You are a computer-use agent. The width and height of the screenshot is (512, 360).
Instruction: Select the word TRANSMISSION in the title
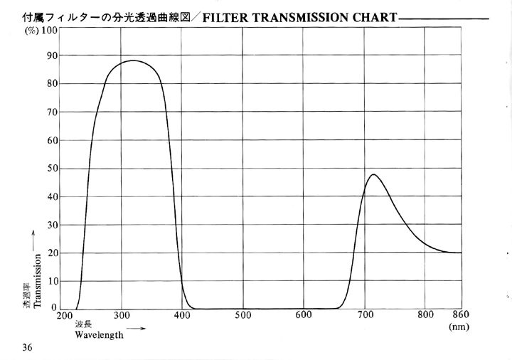(x=301, y=17)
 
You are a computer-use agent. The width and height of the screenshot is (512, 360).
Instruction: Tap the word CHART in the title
(x=375, y=17)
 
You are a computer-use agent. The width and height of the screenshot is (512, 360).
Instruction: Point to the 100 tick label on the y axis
(x=49, y=31)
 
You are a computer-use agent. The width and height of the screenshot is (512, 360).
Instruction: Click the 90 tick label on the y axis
(x=52, y=55)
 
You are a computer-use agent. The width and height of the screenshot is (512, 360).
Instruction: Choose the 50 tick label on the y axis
(x=52, y=168)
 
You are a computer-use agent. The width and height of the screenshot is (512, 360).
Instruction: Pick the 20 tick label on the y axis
(x=52, y=253)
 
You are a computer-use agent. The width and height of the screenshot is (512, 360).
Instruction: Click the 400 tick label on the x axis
(x=183, y=316)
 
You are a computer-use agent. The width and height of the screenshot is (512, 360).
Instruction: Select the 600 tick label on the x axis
(x=304, y=316)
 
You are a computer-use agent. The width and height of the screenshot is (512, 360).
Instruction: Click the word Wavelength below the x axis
(x=99, y=334)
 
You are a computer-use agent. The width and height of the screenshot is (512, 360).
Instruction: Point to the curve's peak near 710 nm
(x=373, y=174)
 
